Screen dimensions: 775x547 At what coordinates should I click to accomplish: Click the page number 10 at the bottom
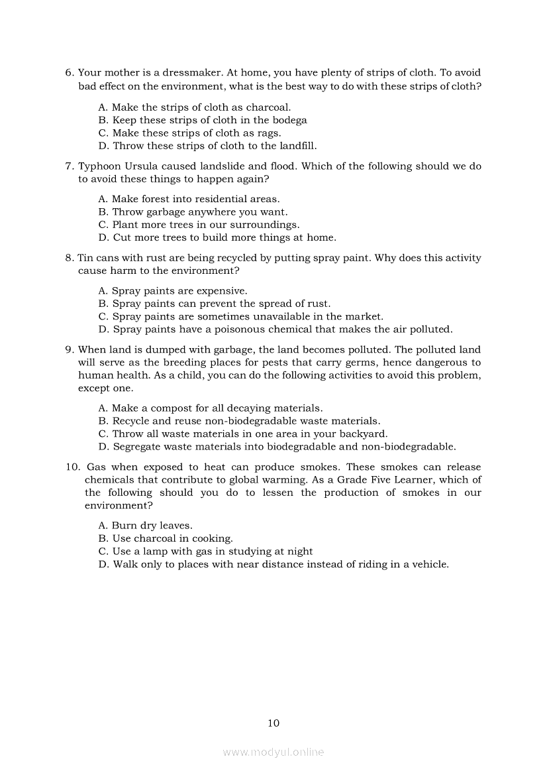(273, 723)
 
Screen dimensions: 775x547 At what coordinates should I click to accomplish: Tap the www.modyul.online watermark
(273, 752)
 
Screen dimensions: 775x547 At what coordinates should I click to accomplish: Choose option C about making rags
(189, 133)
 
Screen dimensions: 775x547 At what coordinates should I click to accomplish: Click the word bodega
(290, 120)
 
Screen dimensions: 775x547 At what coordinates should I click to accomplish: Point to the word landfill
(293, 146)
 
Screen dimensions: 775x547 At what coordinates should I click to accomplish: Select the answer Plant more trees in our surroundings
(199, 225)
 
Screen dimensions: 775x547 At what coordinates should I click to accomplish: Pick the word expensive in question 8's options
(221, 291)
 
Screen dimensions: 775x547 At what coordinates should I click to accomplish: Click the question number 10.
(73, 467)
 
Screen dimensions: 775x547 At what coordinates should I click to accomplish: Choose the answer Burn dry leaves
(145, 526)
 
